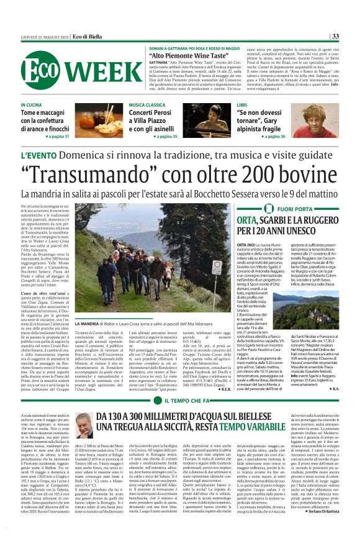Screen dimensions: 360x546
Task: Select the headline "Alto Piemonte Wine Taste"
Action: tap(185, 55)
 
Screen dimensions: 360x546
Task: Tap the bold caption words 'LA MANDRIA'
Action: tap(85, 324)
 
